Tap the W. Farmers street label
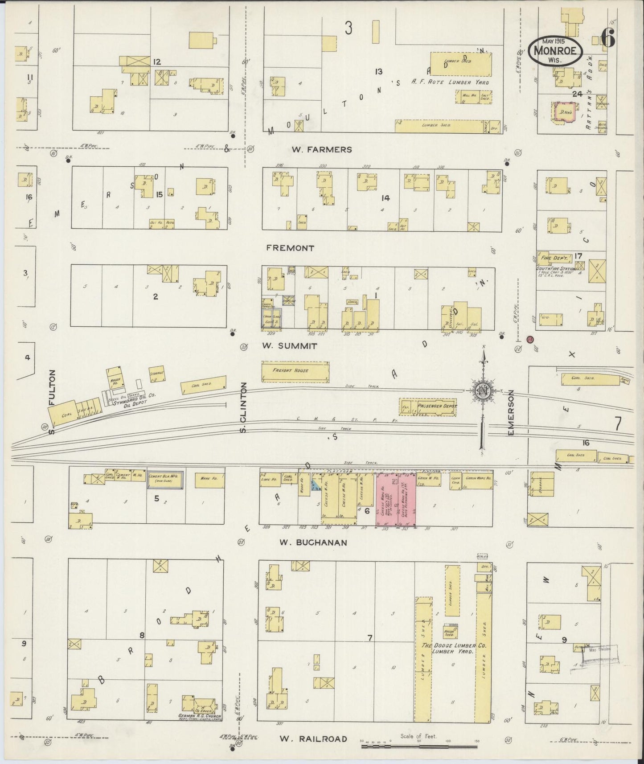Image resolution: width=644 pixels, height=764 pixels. [321, 150]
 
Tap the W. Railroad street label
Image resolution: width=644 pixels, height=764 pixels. [313, 739]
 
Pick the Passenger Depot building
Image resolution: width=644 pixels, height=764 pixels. [428, 407]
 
